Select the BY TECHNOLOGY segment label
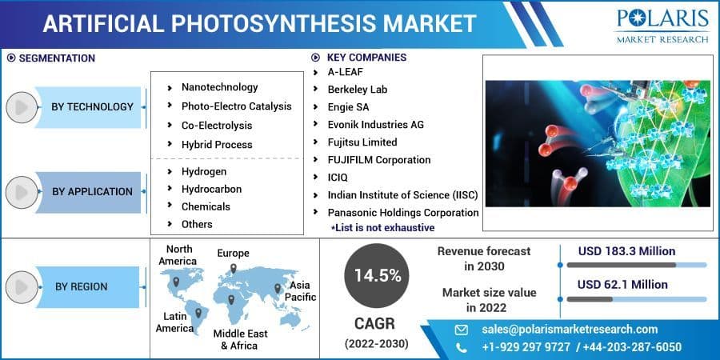[92, 106]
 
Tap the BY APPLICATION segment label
[92, 191]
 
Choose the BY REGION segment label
[81, 286]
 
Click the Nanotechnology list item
[219, 87]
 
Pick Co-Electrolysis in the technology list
[216, 126]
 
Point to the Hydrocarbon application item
[211, 190]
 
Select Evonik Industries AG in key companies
[375, 125]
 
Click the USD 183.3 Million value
[626, 251]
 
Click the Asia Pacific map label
[301, 291]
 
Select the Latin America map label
[174, 322]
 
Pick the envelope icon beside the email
[461, 330]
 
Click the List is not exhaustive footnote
[383, 228]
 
